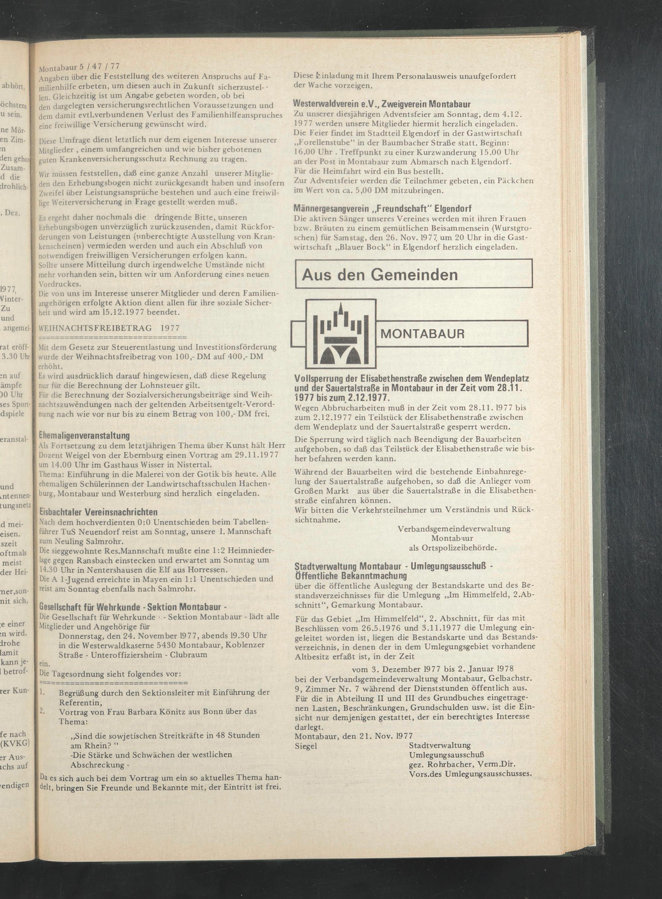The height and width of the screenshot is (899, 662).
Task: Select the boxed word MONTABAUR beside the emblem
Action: tap(423, 334)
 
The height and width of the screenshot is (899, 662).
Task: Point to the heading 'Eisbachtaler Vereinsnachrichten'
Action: tap(98, 512)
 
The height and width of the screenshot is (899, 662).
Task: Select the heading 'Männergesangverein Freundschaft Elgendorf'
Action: tap(382, 208)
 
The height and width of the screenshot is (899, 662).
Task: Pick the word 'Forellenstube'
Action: tap(327, 143)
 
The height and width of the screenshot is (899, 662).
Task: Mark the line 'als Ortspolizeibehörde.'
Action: tap(452, 547)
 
